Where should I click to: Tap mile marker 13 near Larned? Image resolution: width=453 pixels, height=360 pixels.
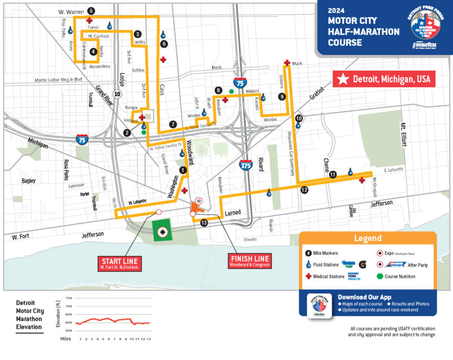click(204, 224)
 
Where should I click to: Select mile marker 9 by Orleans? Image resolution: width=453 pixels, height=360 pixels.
click(281, 97)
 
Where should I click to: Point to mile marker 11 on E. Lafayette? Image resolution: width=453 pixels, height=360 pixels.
click(333, 174)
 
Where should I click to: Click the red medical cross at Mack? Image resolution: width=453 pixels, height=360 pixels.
click(287, 63)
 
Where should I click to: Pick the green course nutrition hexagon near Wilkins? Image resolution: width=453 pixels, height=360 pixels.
click(232, 91)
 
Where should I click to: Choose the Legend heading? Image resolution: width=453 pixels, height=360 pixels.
click(367, 238)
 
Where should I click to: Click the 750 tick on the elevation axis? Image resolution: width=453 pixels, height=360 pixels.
click(69, 298)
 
